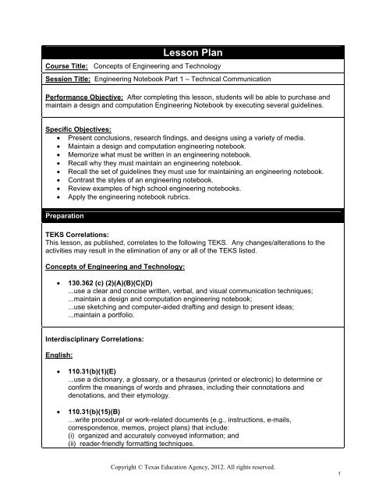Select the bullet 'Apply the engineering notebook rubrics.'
point(140,197)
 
